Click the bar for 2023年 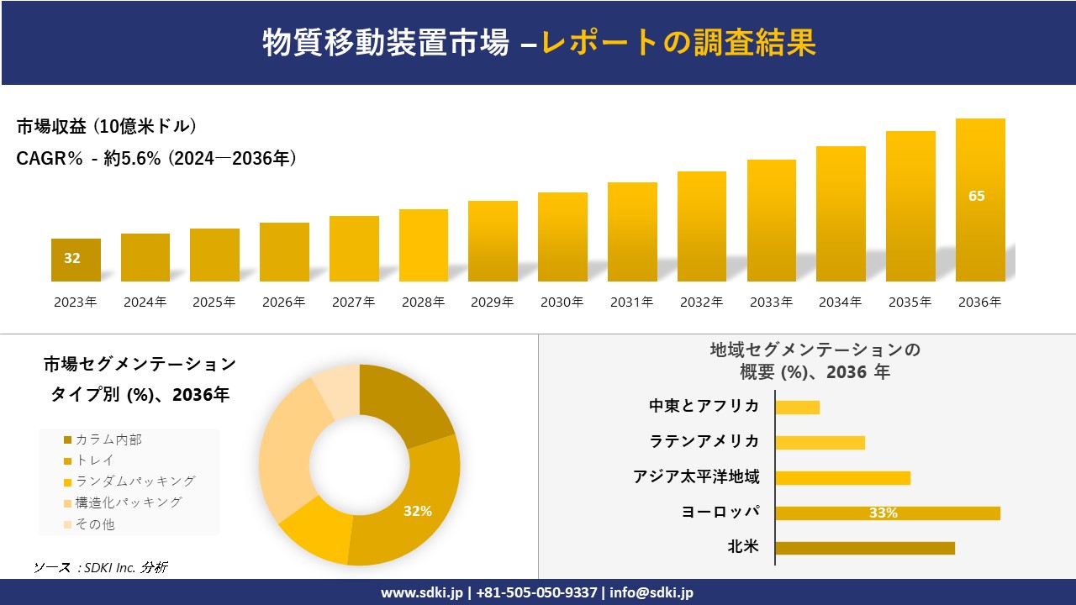click(x=76, y=260)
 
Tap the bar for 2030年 click(x=562, y=237)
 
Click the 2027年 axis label click(x=354, y=302)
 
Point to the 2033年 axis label click(x=771, y=302)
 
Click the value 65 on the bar click(x=976, y=197)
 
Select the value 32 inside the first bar click(x=72, y=259)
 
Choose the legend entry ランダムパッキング click(x=134, y=481)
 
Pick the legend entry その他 click(x=94, y=524)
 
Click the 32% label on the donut click(x=417, y=511)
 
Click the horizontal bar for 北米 click(x=865, y=548)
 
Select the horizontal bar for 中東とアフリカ click(x=797, y=408)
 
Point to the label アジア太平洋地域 click(x=696, y=477)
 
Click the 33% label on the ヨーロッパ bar click(x=883, y=513)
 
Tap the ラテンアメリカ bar click(x=820, y=443)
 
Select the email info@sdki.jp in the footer click(x=652, y=592)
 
